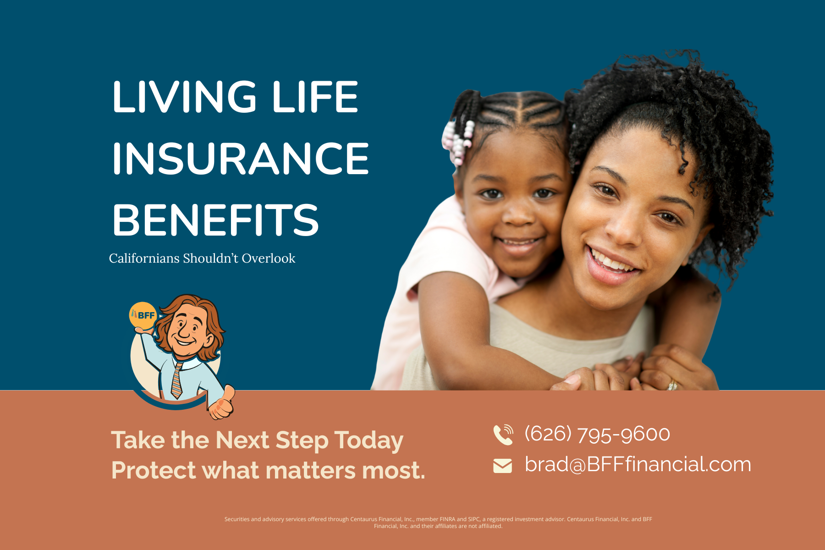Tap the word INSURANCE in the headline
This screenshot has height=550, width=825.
[x=240, y=159]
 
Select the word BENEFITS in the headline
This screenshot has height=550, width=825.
[x=215, y=220]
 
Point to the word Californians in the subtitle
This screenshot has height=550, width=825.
[x=144, y=258]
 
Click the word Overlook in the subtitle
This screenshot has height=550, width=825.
[x=269, y=258]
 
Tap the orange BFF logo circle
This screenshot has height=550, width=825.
[x=143, y=315]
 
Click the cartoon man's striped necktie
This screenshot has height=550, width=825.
[x=177, y=380]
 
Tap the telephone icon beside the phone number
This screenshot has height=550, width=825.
[x=503, y=434]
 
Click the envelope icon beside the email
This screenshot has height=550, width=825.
[x=502, y=466]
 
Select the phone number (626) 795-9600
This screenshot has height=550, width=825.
[x=597, y=434]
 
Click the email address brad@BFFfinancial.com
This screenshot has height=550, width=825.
[x=638, y=465]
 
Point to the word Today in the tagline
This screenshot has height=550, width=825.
[x=369, y=440]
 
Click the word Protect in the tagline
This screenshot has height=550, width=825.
[x=154, y=471]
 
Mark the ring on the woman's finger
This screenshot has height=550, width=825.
[x=672, y=385]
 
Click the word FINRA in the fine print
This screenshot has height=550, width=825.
[x=447, y=519]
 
